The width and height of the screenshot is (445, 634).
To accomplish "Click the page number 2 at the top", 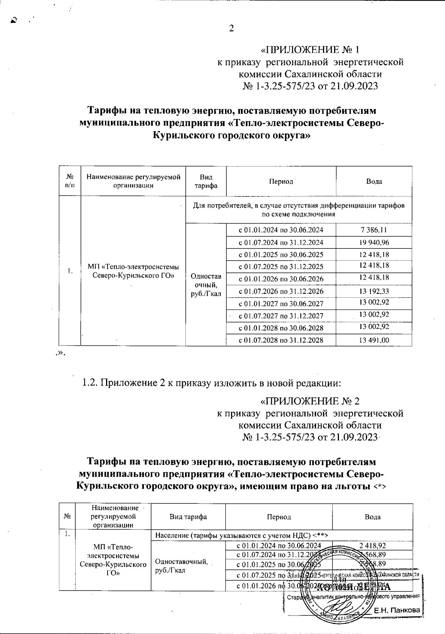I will (231, 29).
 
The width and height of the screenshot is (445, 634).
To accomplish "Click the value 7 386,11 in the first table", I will (374, 230).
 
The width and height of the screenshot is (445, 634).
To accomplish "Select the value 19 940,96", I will (374, 242).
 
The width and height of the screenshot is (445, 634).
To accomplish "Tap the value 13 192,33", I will (374, 291).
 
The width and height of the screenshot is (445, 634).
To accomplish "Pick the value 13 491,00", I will (374, 340).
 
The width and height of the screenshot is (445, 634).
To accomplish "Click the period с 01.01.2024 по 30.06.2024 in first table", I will (281, 230).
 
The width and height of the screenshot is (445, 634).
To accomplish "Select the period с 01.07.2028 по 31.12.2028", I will (281, 340).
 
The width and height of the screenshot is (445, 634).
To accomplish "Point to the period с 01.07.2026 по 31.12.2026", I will (281, 291).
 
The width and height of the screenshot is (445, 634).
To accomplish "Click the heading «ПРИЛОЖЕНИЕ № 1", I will (310, 50).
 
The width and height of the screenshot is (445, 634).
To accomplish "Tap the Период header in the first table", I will (281, 181).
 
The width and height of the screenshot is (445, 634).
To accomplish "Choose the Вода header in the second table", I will (372, 517).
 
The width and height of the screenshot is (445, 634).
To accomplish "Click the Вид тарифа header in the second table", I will (188, 517).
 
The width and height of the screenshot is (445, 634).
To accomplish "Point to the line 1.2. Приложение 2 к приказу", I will (211, 382).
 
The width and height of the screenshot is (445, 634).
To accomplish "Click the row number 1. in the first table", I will (70, 271).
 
